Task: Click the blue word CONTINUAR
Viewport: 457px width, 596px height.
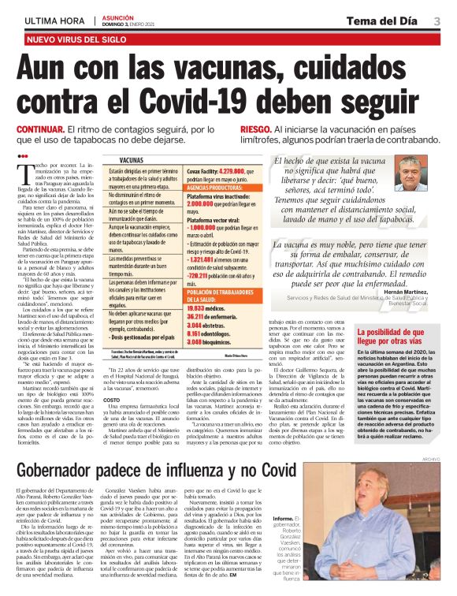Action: click(40, 129)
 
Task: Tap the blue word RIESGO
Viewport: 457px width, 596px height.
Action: click(256, 129)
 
